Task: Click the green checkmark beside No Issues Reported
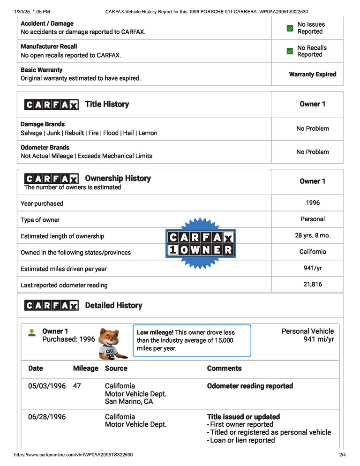coord(290,28)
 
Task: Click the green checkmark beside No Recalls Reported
coord(290,51)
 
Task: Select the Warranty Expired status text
coord(312,74)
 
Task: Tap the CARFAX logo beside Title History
coord(52,105)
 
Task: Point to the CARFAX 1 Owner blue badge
coord(201,244)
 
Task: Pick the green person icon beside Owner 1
coord(31,333)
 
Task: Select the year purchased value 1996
coord(312,203)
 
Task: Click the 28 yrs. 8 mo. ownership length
coord(312,235)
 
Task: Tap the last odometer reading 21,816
coord(312,284)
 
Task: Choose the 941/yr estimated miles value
coord(312,268)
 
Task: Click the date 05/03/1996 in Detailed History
coord(47,386)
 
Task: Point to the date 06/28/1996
coord(47,417)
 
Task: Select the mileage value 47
coord(77,386)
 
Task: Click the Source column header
coord(116,368)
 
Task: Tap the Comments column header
coord(224,368)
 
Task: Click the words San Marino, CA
coord(129,402)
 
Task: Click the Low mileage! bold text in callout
coord(155,332)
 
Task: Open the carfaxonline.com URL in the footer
coord(73,455)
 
